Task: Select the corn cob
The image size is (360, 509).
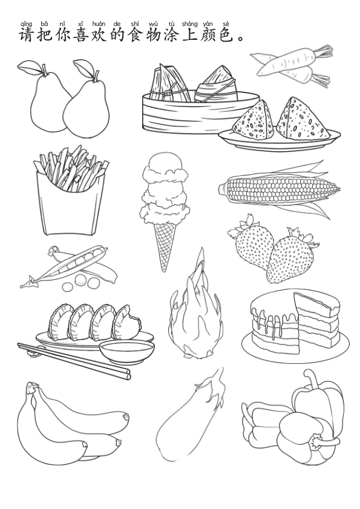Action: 280,190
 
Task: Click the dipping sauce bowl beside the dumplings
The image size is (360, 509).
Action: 126,352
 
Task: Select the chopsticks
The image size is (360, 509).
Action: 74,360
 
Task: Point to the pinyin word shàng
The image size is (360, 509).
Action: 190,24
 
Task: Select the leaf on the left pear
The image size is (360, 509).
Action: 28,67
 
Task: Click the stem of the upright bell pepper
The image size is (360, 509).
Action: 310,380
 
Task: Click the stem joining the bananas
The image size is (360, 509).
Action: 32,388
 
